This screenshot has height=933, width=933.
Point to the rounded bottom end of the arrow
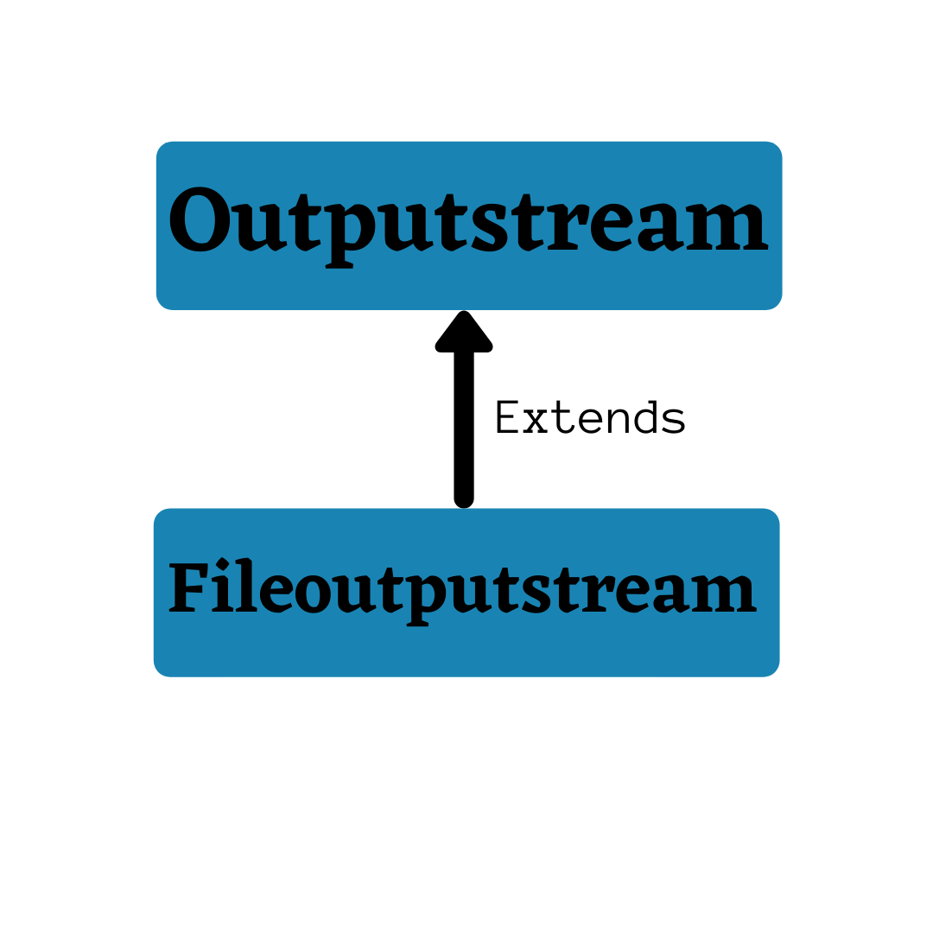(464, 498)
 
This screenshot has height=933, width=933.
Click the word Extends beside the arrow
(590, 418)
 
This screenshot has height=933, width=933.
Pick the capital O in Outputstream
(200, 221)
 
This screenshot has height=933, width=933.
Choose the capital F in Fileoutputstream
(187, 589)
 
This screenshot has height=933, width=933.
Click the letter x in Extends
(536, 420)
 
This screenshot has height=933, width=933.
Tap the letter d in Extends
(644, 418)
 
